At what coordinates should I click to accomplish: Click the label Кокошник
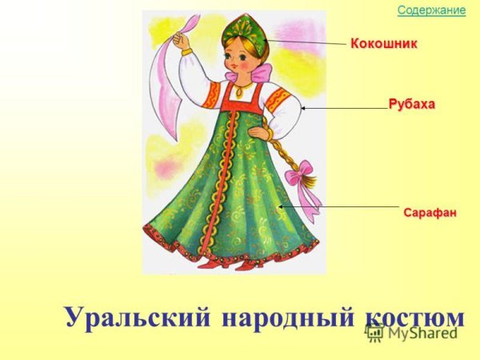tap(384, 43)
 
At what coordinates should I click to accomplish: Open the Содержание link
tap(431, 10)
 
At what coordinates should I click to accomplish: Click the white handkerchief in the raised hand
tap(178, 76)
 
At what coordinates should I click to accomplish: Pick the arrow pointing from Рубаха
tap(344, 107)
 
